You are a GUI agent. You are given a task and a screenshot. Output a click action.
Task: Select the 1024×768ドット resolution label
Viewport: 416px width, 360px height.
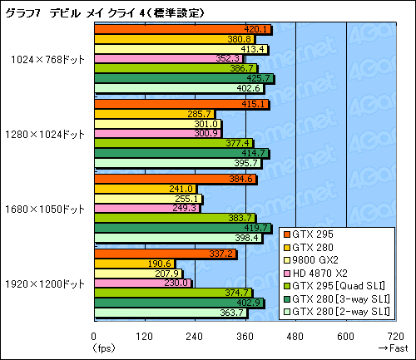click(x=47, y=59)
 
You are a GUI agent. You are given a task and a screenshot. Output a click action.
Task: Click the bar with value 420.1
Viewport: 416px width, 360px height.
click(x=183, y=29)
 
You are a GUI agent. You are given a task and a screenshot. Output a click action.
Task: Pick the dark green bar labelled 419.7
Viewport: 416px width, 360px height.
click(x=182, y=228)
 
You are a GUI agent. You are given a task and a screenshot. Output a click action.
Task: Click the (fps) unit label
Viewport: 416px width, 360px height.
click(x=104, y=348)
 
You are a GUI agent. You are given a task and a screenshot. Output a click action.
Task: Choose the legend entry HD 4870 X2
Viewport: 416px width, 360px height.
click(x=329, y=272)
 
